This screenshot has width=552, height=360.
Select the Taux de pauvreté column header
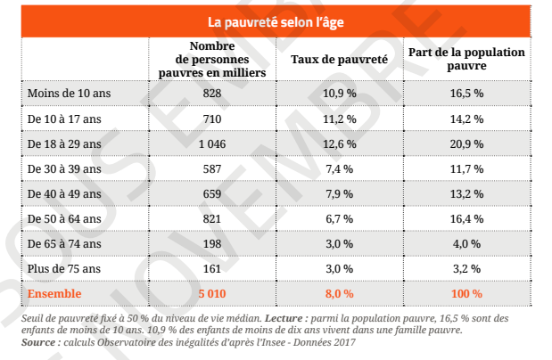(339, 59)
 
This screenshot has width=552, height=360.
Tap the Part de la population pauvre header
(466, 59)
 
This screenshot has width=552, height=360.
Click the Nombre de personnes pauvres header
(212, 59)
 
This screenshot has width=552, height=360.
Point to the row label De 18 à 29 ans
(58, 143)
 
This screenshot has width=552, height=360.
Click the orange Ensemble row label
(54, 293)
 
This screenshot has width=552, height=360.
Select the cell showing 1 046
(212, 143)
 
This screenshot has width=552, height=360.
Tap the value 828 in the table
(212, 94)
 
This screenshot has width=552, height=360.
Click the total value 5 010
(212, 293)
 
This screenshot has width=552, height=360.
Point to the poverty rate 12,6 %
(339, 143)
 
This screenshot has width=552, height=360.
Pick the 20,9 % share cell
(466, 143)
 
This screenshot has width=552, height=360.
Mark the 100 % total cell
(466, 293)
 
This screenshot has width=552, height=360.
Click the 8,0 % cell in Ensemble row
(339, 293)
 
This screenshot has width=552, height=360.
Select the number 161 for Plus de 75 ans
(212, 268)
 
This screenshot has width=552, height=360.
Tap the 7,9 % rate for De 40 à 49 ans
(339, 193)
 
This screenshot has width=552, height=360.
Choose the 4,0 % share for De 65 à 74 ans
(466, 243)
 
